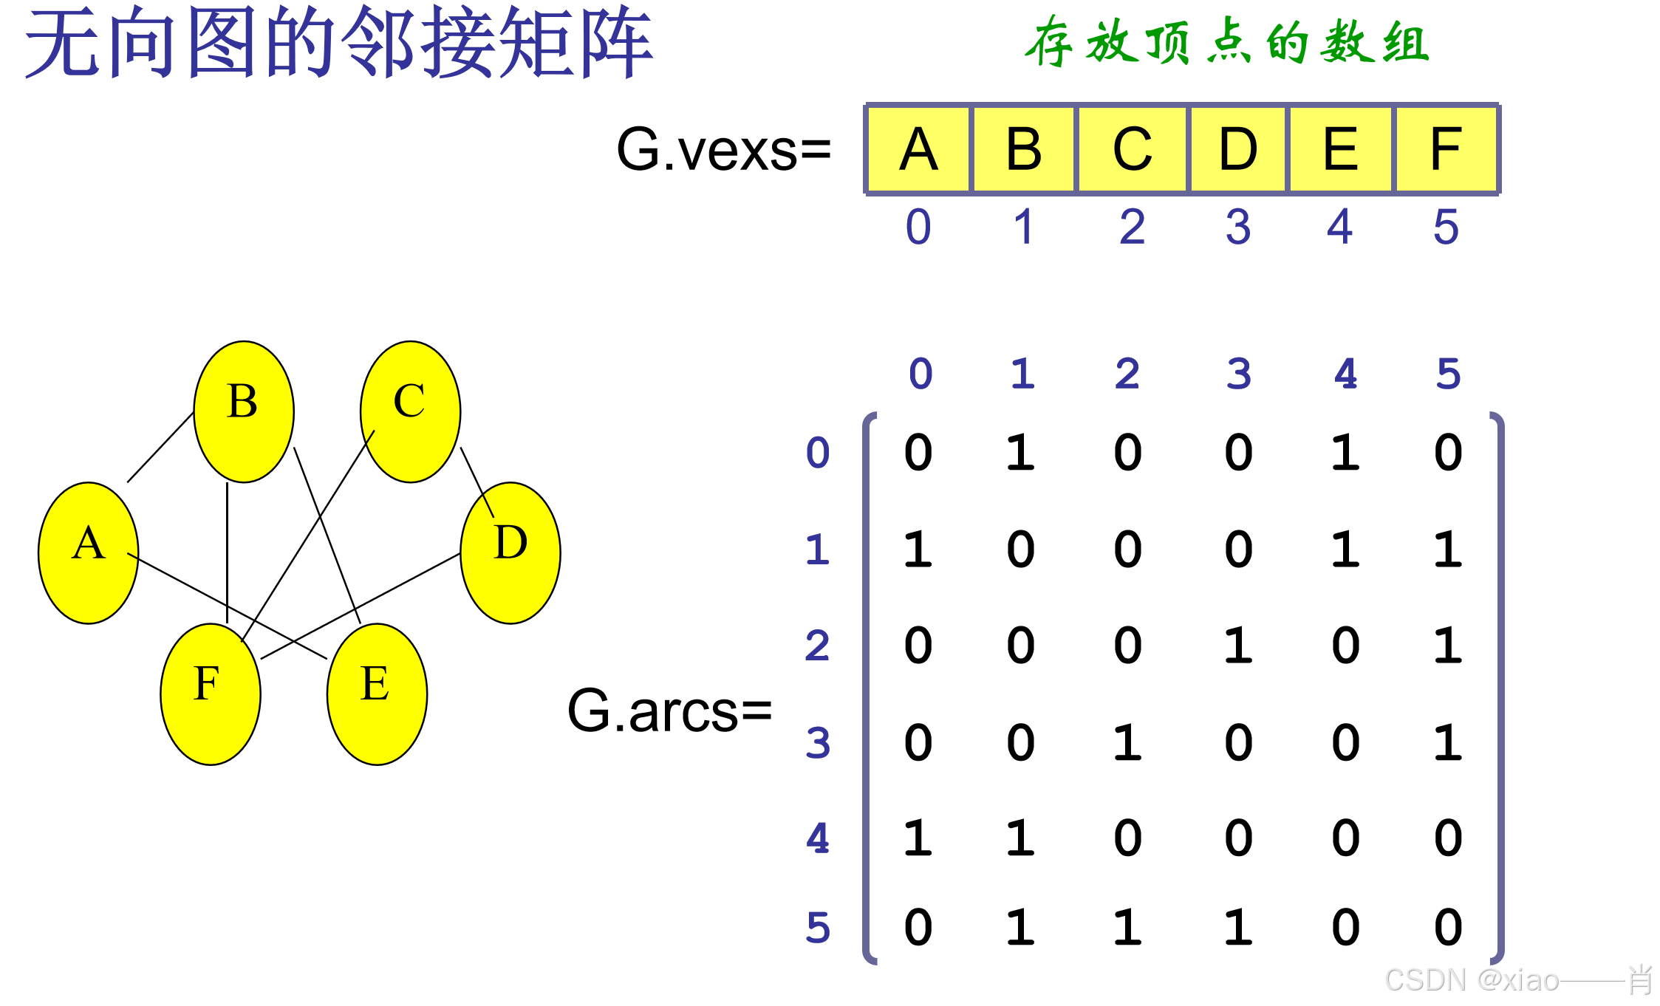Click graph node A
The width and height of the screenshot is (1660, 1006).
88,552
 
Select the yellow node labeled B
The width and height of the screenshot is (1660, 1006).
244,411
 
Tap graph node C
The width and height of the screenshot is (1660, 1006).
410,411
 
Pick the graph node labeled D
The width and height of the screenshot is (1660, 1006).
510,552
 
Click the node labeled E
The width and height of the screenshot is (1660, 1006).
377,694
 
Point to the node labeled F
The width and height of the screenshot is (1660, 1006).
211,694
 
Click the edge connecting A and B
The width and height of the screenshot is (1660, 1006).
160,448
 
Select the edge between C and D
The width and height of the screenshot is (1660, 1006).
477,482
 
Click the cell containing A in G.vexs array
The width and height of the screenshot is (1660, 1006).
919,149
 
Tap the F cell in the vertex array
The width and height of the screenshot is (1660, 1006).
1445,149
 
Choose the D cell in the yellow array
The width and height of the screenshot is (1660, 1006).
1237,149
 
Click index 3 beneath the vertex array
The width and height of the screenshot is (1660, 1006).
1238,227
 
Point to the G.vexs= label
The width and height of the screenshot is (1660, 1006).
723,149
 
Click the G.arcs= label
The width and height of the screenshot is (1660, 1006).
669,711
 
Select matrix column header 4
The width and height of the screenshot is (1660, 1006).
1345,374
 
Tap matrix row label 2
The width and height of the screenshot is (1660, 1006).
817,646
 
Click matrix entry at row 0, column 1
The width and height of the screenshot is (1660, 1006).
1020,452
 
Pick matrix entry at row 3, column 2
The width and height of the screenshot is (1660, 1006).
1127,742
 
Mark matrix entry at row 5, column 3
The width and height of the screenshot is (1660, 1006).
1238,927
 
